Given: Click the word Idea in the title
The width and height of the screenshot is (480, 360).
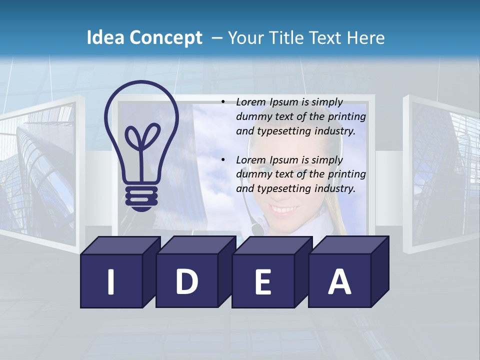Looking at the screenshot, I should [105, 38].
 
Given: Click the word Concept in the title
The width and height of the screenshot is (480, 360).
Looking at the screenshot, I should [165, 38].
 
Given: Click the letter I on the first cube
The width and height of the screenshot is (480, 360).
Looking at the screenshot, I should [111, 282].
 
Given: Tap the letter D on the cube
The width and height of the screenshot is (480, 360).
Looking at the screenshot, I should [186, 282].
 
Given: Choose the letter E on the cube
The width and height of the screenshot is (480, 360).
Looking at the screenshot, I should [262, 282].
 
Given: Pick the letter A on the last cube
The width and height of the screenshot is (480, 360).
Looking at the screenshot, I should [339, 282].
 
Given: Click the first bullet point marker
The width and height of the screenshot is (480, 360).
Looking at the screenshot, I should [223, 102].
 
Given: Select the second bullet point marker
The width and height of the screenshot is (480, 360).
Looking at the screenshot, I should [223, 160].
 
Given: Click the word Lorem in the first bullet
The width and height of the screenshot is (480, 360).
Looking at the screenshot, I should [251, 102].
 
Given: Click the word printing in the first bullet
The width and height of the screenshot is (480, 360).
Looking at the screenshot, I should [347, 117].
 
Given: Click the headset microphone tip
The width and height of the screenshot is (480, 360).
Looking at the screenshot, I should [257, 229].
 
